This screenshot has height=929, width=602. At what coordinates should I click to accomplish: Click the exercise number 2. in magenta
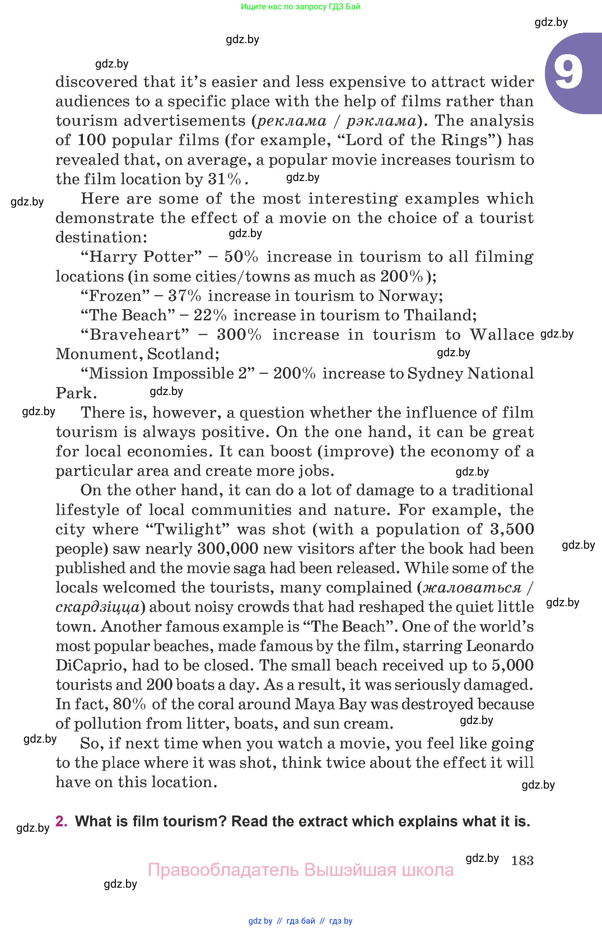pos(61,821)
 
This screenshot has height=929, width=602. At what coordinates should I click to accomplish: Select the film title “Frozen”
pos(115,296)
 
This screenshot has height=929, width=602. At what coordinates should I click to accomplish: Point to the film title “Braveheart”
pos(135,335)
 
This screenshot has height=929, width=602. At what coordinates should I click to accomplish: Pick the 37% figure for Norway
pos(185,296)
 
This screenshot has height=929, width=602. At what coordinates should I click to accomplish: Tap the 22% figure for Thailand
pos(210,315)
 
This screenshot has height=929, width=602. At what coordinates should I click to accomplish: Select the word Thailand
pos(440,315)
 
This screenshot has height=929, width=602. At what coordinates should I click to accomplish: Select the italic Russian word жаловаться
pos(472,587)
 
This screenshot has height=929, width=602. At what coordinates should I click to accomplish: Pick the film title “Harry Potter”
pos(141,257)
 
